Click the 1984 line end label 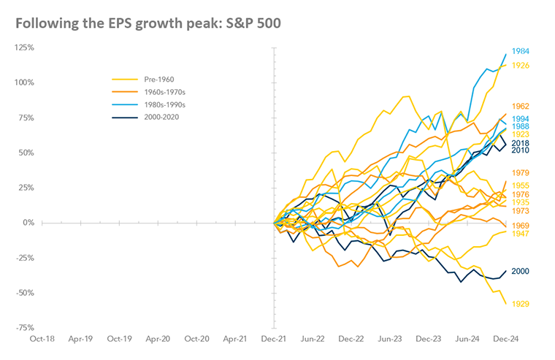pyautogui.click(x=521, y=53)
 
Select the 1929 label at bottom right pyautogui.click(x=521, y=304)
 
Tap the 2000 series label pyautogui.click(x=521, y=272)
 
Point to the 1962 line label pyautogui.click(x=521, y=107)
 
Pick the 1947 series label pyautogui.click(x=521, y=234)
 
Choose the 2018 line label pyautogui.click(x=521, y=143)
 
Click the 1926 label pyautogui.click(x=521, y=66)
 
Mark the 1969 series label pyautogui.click(x=521, y=226)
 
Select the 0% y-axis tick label pyautogui.click(x=30, y=223)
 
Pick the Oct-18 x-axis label pyautogui.click(x=41, y=340)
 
